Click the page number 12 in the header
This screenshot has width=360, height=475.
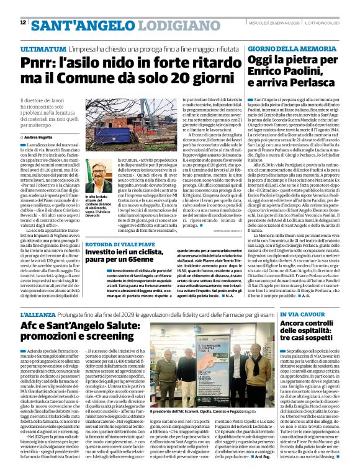[23, 23]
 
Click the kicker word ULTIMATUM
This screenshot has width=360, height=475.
[42, 48]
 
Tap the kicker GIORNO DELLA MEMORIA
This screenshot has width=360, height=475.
[284, 48]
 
